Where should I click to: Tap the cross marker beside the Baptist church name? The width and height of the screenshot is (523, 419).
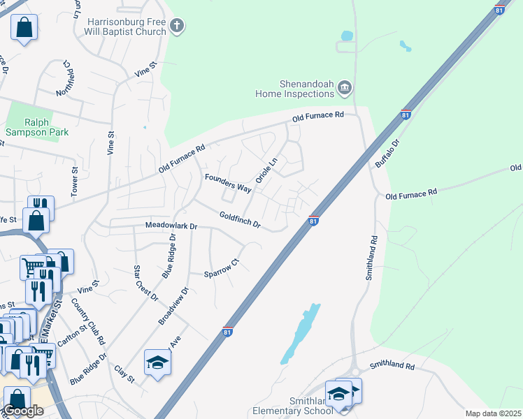177,27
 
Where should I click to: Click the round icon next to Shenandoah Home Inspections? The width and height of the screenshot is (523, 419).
344,88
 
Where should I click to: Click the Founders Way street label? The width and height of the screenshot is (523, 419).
227,183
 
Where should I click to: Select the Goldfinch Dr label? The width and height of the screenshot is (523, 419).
239,221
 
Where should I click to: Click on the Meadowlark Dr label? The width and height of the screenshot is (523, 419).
172,226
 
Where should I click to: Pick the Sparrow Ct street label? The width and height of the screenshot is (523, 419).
222,268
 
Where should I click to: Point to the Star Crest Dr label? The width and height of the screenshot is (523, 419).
145,283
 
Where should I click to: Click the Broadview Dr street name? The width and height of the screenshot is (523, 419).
173,306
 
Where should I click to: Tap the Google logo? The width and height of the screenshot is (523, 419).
23,411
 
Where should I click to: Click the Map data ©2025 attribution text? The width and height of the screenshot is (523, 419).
493,413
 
